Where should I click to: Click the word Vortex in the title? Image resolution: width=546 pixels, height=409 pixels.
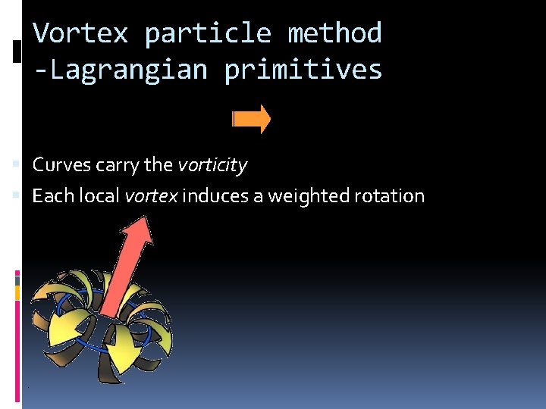[81, 33]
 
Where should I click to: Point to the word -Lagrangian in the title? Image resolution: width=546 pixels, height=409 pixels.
[121, 70]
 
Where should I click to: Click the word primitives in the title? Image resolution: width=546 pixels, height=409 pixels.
[303, 70]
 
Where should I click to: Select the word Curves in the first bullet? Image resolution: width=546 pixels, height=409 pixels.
[61, 164]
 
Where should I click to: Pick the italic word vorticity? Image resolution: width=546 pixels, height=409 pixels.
[212, 164]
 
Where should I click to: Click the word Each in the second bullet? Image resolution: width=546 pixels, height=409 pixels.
[52, 195]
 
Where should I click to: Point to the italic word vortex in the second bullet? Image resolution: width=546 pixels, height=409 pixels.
[151, 195]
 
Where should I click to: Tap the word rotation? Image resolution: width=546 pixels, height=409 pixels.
[390, 195]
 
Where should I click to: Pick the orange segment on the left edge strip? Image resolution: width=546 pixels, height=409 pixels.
[18, 292]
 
